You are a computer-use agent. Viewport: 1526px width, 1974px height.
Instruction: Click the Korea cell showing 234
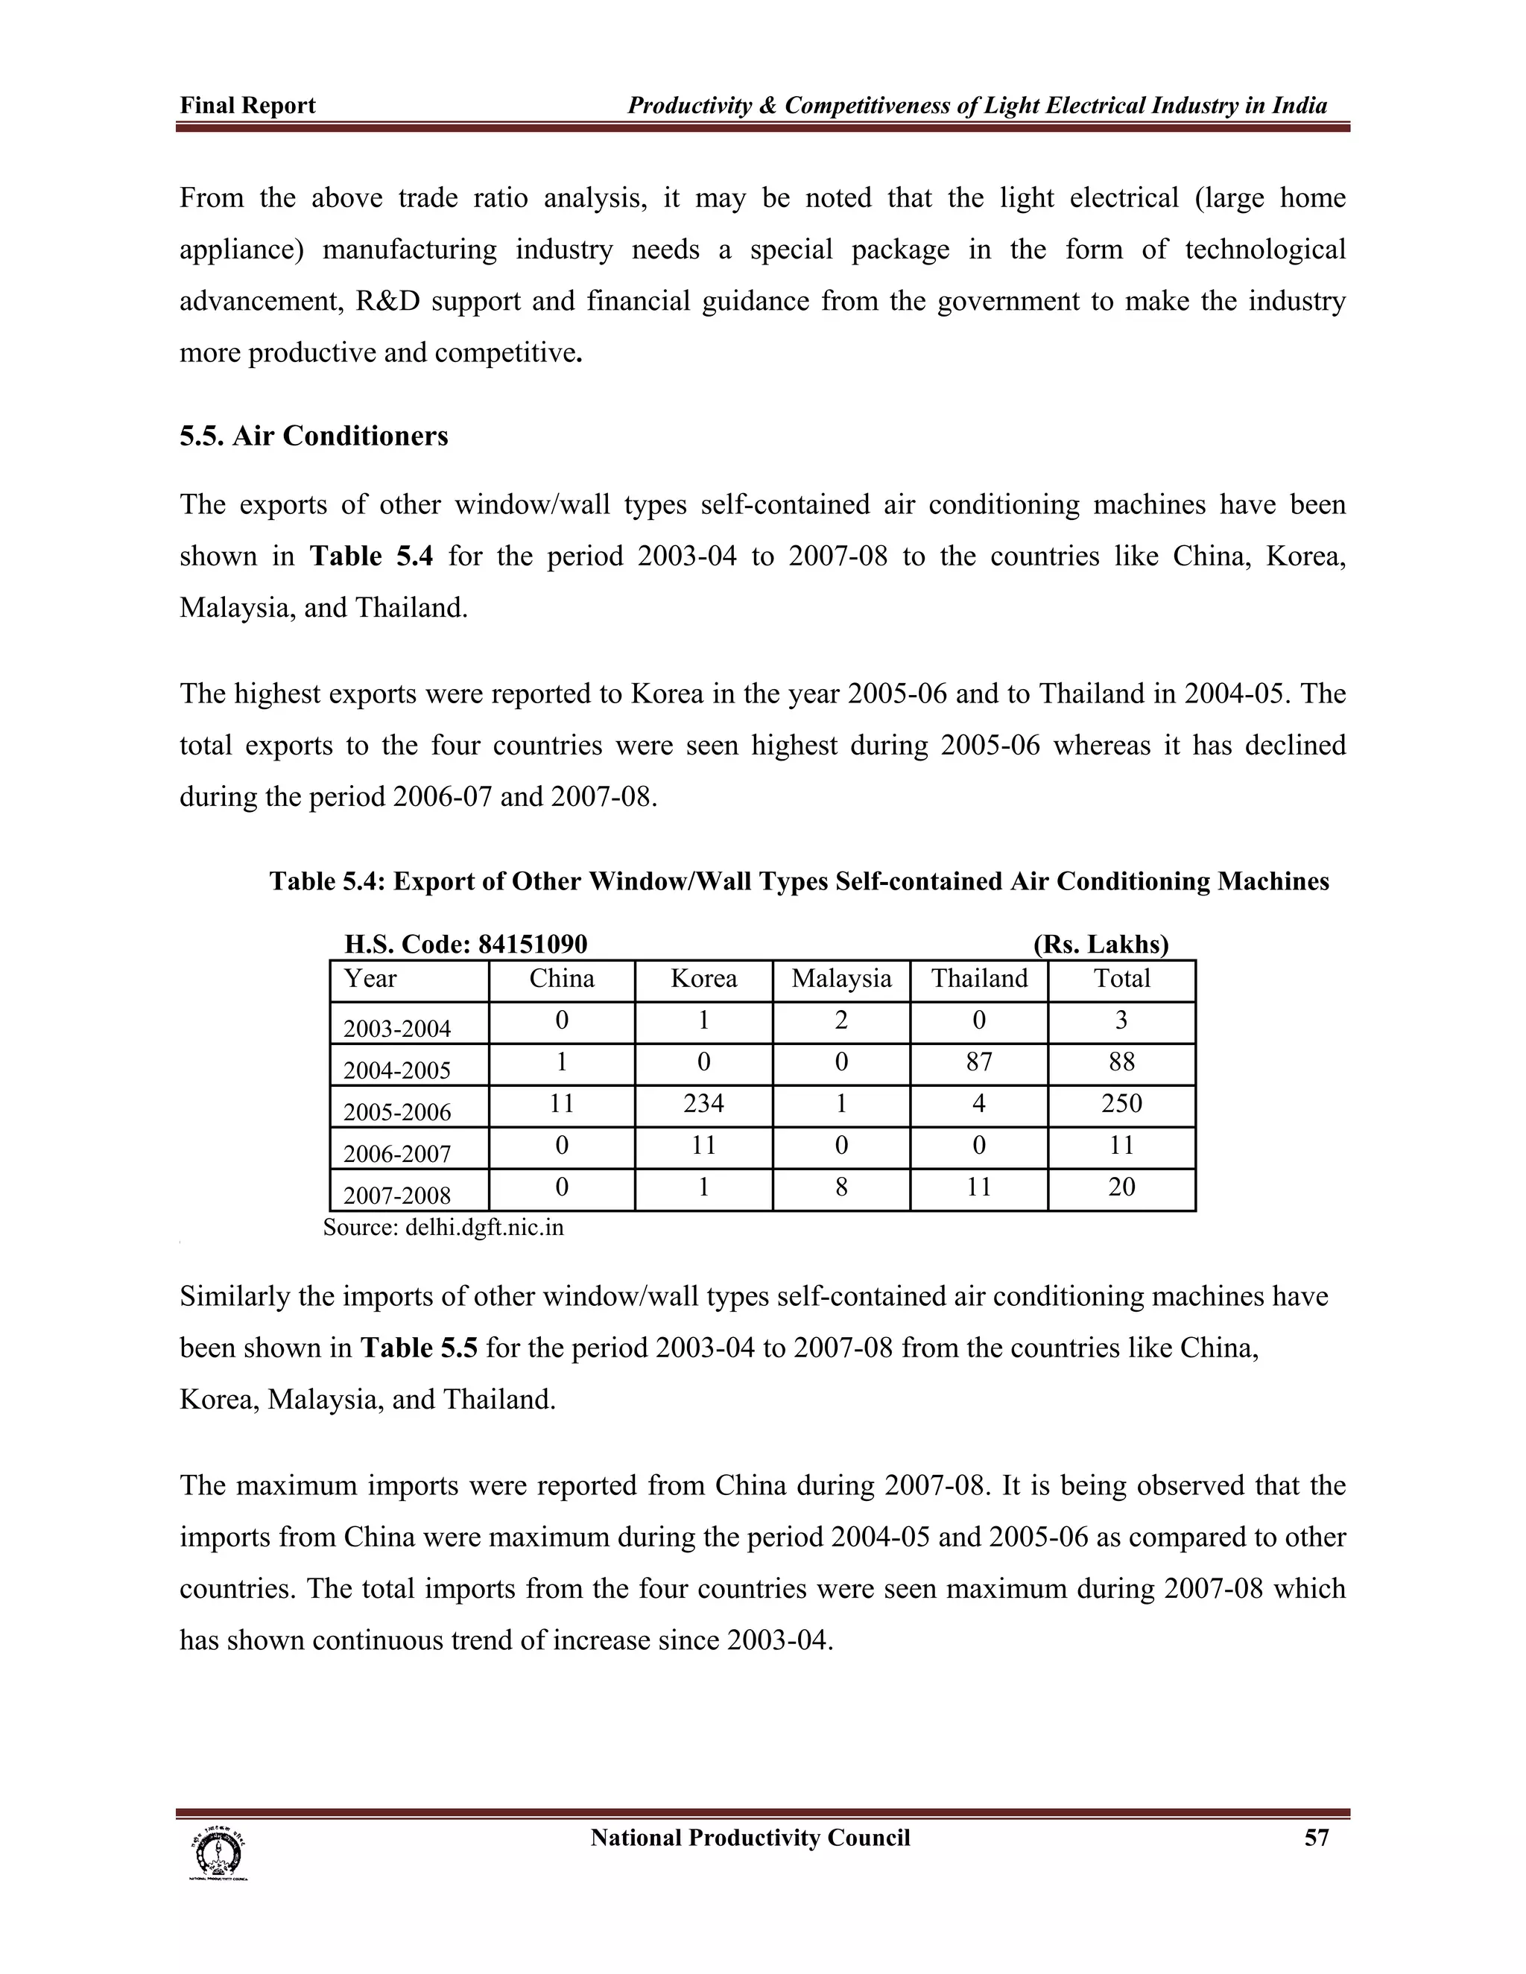(x=703, y=1104)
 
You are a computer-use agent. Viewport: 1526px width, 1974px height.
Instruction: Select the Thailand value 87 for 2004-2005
(x=979, y=1062)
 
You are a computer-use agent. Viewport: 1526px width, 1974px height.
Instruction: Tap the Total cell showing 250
(x=1121, y=1104)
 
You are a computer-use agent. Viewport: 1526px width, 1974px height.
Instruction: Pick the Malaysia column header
(x=840, y=979)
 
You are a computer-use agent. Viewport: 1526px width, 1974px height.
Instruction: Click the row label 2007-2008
(x=397, y=1195)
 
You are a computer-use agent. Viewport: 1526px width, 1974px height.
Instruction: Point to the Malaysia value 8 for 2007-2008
(x=840, y=1187)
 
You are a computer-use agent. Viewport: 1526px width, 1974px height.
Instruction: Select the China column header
(x=561, y=979)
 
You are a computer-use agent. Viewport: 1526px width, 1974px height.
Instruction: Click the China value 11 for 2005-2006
(x=561, y=1104)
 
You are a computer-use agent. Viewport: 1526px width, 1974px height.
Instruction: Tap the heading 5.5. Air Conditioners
(x=314, y=437)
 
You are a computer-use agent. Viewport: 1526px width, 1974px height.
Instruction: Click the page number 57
(x=1317, y=1838)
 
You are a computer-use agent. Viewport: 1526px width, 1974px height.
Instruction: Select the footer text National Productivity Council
(x=750, y=1838)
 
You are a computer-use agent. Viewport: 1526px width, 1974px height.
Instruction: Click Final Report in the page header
(x=247, y=106)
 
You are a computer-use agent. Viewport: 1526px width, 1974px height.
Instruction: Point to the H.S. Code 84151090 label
(x=466, y=945)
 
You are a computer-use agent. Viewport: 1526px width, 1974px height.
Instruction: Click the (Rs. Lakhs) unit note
(x=1101, y=945)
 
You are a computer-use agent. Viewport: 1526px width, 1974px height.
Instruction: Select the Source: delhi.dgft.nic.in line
(x=443, y=1228)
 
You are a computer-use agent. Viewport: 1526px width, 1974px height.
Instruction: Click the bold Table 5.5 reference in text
(x=419, y=1348)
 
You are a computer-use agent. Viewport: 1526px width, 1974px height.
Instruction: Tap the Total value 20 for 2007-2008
(x=1121, y=1187)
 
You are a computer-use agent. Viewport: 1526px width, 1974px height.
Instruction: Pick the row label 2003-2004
(x=397, y=1029)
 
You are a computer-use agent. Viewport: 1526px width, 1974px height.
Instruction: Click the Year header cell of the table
(x=370, y=979)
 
